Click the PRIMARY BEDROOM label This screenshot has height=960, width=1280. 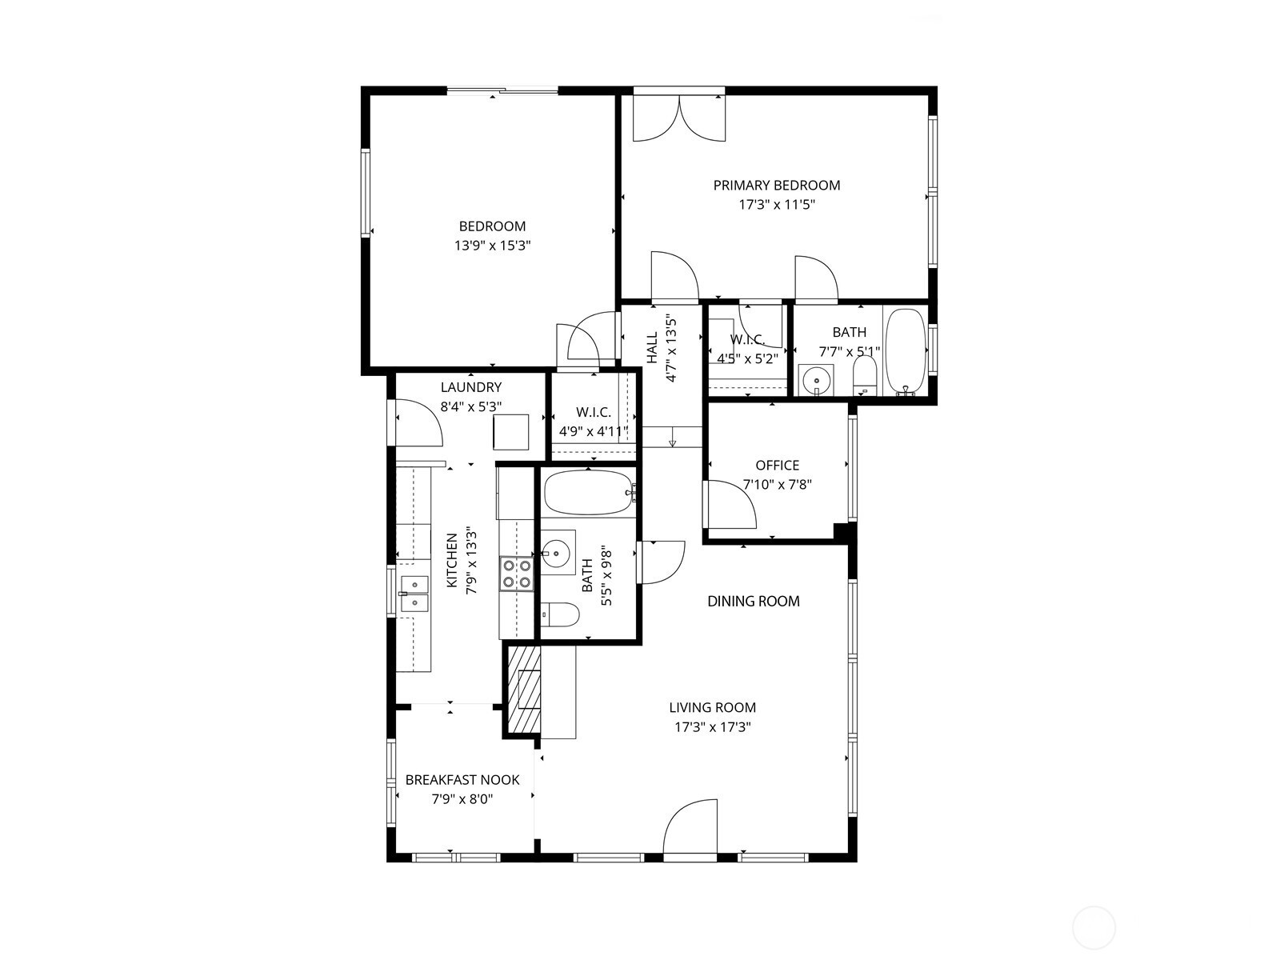[x=777, y=186]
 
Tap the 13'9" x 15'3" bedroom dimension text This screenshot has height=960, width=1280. [x=492, y=246]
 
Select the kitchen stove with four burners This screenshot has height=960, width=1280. [x=517, y=574]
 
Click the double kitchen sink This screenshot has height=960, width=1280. [x=414, y=594]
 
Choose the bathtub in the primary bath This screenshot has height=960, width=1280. [x=905, y=351]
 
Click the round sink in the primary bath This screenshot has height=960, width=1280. [x=816, y=382]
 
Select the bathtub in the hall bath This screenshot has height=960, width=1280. [x=589, y=493]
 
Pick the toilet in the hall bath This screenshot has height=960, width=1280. [x=560, y=614]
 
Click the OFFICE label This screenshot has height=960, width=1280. [x=778, y=465]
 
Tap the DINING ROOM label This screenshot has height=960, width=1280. [x=754, y=601]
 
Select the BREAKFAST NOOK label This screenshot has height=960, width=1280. [x=462, y=780]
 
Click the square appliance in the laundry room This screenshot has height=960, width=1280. [x=511, y=432]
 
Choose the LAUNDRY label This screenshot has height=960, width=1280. [x=471, y=387]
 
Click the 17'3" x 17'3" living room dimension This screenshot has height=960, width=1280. [x=713, y=727]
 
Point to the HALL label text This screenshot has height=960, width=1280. [x=652, y=347]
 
